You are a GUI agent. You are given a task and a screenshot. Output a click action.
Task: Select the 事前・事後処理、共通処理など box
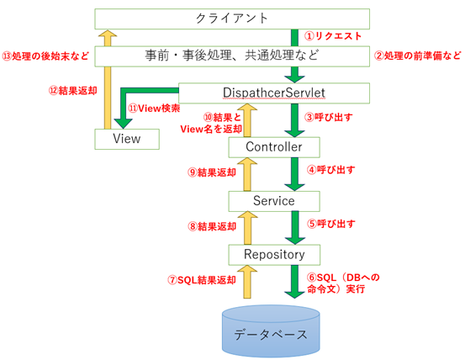(230, 56)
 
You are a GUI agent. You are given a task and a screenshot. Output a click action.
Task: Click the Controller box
(274, 147)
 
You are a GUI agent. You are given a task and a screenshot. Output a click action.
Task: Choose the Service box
(274, 201)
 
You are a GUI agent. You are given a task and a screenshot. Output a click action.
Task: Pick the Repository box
(274, 253)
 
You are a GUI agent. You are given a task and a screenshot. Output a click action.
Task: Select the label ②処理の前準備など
(417, 56)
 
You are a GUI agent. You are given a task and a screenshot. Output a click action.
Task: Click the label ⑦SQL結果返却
(199, 279)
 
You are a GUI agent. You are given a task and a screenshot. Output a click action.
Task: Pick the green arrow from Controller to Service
(294, 174)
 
